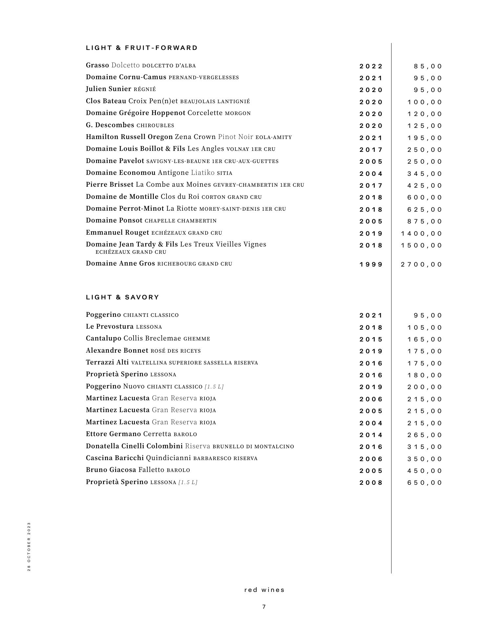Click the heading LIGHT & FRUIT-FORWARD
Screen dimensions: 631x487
(x=142, y=48)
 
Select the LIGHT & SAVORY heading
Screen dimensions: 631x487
(x=122, y=297)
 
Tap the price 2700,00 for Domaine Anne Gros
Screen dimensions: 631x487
(x=421, y=264)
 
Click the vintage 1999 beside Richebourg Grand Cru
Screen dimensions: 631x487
(x=371, y=264)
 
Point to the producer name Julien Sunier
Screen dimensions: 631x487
(x=108, y=89)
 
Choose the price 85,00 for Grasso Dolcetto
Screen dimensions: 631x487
(x=428, y=66)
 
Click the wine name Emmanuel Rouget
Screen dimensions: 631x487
(x=117, y=233)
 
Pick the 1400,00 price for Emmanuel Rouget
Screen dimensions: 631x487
(x=421, y=233)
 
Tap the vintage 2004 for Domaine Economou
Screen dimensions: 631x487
(x=371, y=174)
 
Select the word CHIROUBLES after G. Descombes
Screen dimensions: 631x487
(x=155, y=126)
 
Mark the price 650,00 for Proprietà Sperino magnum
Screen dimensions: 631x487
(x=425, y=482)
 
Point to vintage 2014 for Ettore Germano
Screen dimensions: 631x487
(x=371, y=435)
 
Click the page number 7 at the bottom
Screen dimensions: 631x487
(x=264, y=607)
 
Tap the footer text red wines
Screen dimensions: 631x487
(x=264, y=590)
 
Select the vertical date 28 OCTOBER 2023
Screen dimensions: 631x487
(x=29, y=547)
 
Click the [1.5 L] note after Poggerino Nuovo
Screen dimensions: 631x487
(x=214, y=386)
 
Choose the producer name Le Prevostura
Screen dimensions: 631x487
(x=110, y=327)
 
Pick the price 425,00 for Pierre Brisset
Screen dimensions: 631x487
(x=425, y=185)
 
